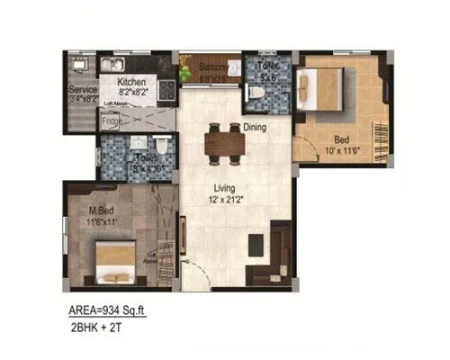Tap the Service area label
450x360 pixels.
(84, 90)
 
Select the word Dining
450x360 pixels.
(256, 128)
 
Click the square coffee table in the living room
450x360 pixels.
(254, 243)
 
